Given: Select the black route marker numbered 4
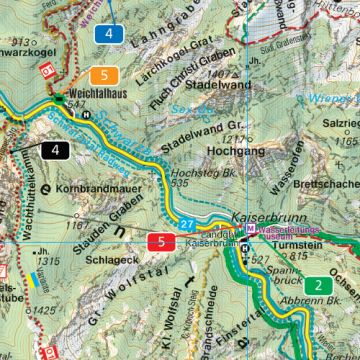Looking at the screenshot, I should point(55,150).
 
